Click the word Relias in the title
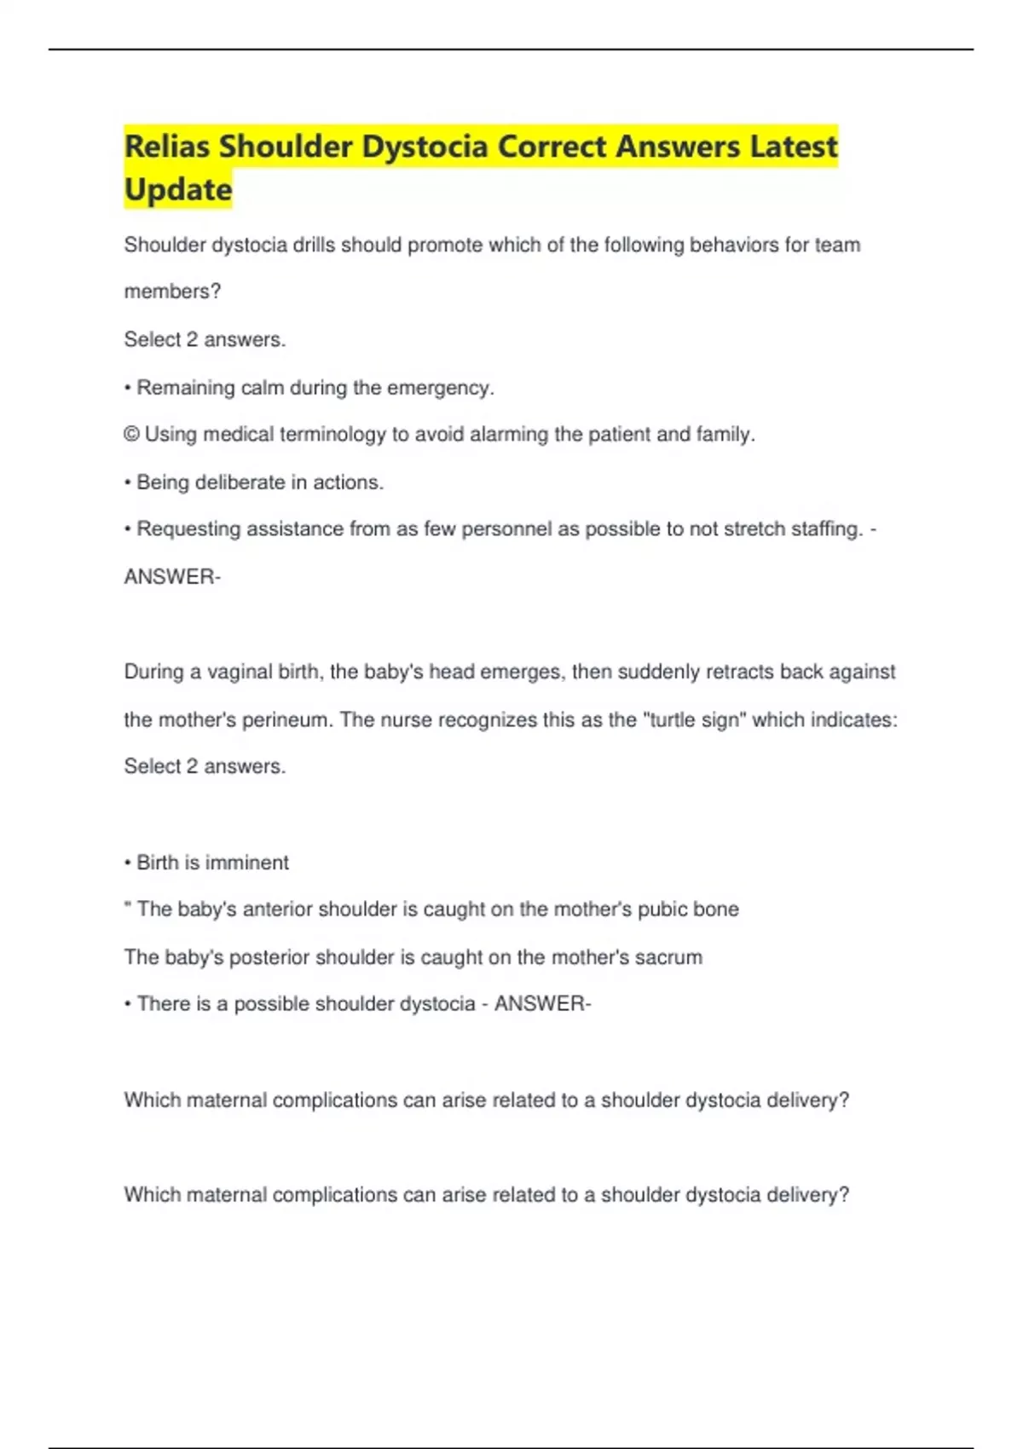click(167, 147)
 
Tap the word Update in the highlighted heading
click(178, 189)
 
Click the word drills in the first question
click(314, 245)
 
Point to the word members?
click(172, 292)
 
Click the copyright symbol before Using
click(131, 435)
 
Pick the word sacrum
click(668, 957)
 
